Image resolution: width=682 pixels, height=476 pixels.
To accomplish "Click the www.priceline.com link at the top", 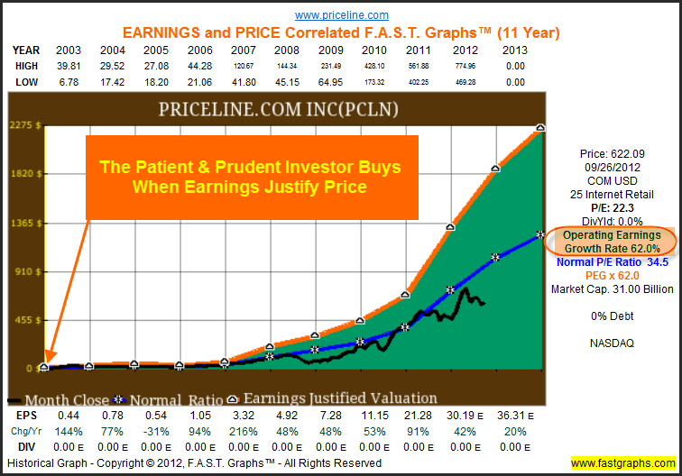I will [342, 15].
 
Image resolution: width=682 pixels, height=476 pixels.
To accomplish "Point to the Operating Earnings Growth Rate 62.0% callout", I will [613, 240].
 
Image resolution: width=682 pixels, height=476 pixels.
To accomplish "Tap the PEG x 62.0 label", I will [613, 276].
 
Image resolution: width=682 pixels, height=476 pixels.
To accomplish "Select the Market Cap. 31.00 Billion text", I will [613, 289].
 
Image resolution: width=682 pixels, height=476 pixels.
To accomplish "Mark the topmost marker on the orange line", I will [540, 128].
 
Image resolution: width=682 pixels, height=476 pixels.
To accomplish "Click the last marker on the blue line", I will [540, 233].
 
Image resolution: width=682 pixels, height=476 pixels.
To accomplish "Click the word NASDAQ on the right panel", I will [613, 343].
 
